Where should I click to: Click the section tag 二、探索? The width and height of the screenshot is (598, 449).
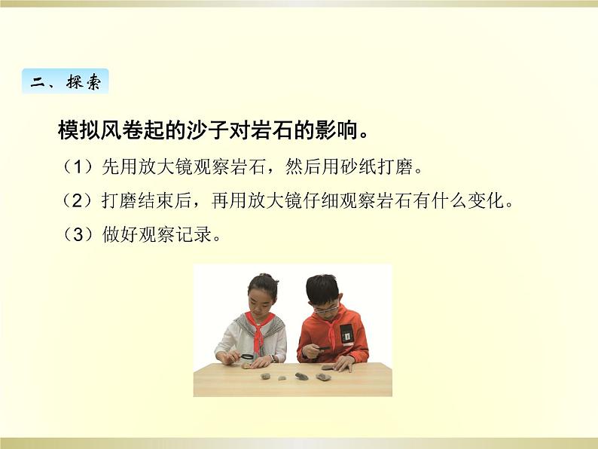(66, 81)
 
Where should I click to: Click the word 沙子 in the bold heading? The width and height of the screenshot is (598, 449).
(207, 130)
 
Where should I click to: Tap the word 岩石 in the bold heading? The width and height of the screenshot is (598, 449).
(271, 130)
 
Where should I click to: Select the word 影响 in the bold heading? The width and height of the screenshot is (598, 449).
(335, 130)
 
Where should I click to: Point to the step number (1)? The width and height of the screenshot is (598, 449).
(78, 166)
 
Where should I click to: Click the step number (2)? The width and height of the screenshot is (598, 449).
(78, 200)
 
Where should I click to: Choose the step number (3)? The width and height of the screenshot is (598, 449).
(78, 234)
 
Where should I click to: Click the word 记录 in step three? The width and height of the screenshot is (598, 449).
(194, 234)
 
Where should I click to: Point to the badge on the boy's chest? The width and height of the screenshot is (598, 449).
(346, 334)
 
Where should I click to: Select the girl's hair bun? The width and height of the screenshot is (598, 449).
(264, 276)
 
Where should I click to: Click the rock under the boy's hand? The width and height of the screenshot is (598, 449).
(328, 368)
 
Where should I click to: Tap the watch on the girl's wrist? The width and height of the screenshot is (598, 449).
(273, 359)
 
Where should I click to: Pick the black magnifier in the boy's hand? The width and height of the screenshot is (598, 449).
(322, 348)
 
